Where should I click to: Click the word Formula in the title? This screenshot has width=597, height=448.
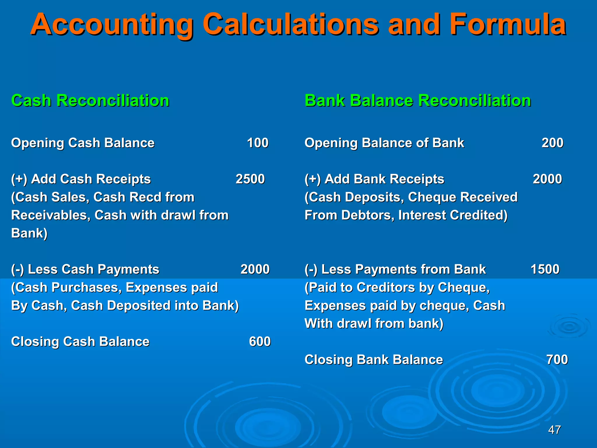point(508,24)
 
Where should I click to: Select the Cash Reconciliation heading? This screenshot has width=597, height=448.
point(90,101)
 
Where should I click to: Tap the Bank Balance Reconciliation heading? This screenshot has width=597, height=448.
point(417,101)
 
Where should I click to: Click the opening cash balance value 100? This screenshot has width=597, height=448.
point(258,143)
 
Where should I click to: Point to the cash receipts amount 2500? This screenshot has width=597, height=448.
point(250,179)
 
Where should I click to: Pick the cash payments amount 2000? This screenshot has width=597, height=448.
point(255,269)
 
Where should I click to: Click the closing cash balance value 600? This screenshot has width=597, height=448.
point(260,342)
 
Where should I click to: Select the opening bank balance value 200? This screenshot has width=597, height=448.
point(552,143)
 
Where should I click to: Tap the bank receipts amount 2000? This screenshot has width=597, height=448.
point(547,179)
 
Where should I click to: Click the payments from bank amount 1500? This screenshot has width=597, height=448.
point(545,269)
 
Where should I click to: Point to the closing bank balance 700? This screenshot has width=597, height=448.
point(557,360)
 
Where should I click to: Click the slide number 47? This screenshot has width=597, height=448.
point(554,430)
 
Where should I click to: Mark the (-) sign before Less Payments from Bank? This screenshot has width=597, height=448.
point(311,269)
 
